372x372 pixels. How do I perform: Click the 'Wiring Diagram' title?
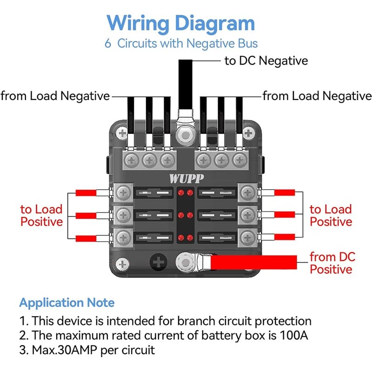coord(180,24)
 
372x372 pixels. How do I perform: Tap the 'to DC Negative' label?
coord(266,61)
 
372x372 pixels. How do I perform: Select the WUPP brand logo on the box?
coord(186,179)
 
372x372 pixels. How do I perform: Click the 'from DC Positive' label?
coord(332,263)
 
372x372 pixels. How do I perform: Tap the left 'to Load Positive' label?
coord(41,215)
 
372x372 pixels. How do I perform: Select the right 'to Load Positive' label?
coord(331,215)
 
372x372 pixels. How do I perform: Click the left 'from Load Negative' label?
coord(55,96)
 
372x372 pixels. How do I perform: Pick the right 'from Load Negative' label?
coord(317,96)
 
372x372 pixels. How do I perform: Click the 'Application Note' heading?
coord(67,303)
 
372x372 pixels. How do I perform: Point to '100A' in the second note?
coord(294,335)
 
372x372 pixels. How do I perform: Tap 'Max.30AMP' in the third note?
coord(64,350)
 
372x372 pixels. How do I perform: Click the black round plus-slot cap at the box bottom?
coord(158,262)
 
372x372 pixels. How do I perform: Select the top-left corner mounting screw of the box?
coord(122,133)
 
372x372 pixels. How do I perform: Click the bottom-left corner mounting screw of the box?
coord(122,264)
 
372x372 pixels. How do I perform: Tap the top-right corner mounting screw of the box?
coord(248,133)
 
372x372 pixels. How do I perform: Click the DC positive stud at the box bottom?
coord(185,263)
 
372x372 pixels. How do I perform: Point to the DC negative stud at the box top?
coord(185,135)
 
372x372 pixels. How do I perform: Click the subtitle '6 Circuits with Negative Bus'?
coord(181,44)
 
